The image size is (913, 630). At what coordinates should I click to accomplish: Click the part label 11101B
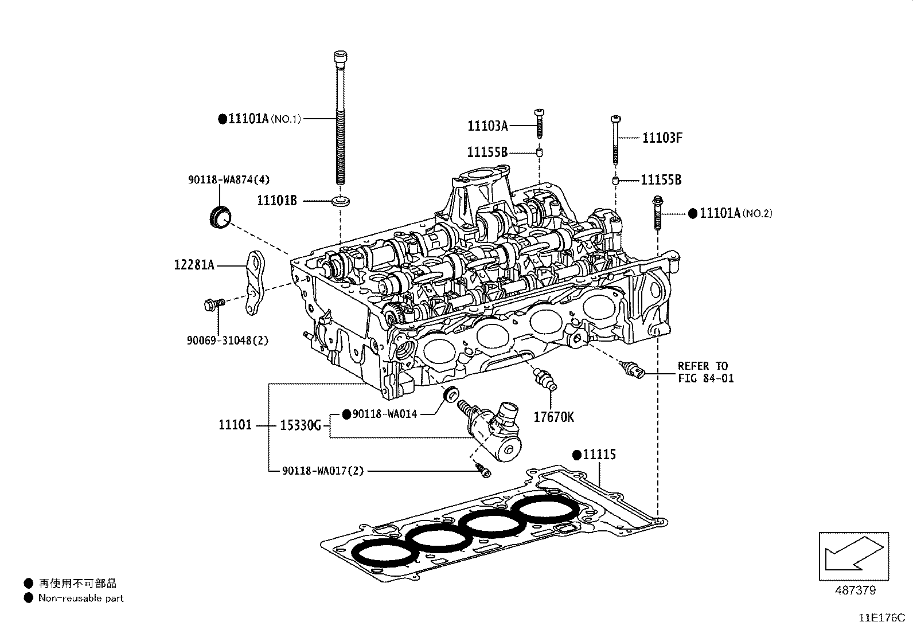276,201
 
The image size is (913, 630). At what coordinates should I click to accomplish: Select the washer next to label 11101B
341,201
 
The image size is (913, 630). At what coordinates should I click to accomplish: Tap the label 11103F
662,138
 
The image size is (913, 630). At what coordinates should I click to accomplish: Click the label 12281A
194,265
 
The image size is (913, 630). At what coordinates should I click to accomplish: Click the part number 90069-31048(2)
227,340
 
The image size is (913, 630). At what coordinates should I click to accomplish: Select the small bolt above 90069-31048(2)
211,304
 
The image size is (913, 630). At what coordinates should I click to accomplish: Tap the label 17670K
553,417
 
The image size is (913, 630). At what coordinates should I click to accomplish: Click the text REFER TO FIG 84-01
705,372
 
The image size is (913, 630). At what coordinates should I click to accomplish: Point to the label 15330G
300,425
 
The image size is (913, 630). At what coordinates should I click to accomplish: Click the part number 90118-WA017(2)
323,471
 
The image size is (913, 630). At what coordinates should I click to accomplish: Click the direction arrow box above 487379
853,555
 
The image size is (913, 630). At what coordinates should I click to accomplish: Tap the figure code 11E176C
881,618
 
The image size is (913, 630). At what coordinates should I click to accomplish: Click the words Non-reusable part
80,598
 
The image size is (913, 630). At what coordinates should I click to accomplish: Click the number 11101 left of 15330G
235,425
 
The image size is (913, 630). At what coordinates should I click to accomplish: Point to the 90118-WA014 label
384,414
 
